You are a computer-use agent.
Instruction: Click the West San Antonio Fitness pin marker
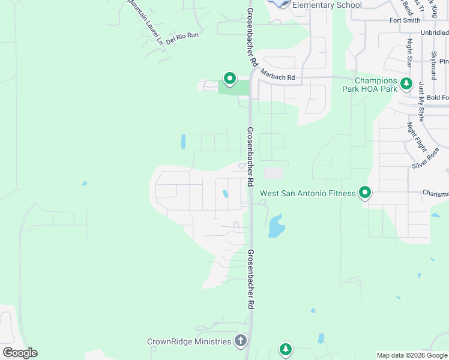(x=364, y=193)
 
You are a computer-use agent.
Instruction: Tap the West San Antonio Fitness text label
(x=308, y=194)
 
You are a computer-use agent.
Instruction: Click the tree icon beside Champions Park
(x=407, y=84)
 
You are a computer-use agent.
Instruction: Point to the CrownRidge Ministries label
(x=189, y=341)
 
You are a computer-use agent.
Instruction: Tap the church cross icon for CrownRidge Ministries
(x=240, y=341)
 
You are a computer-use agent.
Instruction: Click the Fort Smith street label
(x=405, y=20)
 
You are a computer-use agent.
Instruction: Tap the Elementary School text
(x=327, y=5)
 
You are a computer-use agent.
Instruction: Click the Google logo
(x=20, y=353)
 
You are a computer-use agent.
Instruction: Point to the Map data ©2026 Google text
(x=411, y=355)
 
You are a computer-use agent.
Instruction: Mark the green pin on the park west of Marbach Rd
(x=229, y=79)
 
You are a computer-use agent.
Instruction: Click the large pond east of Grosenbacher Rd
(x=276, y=226)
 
